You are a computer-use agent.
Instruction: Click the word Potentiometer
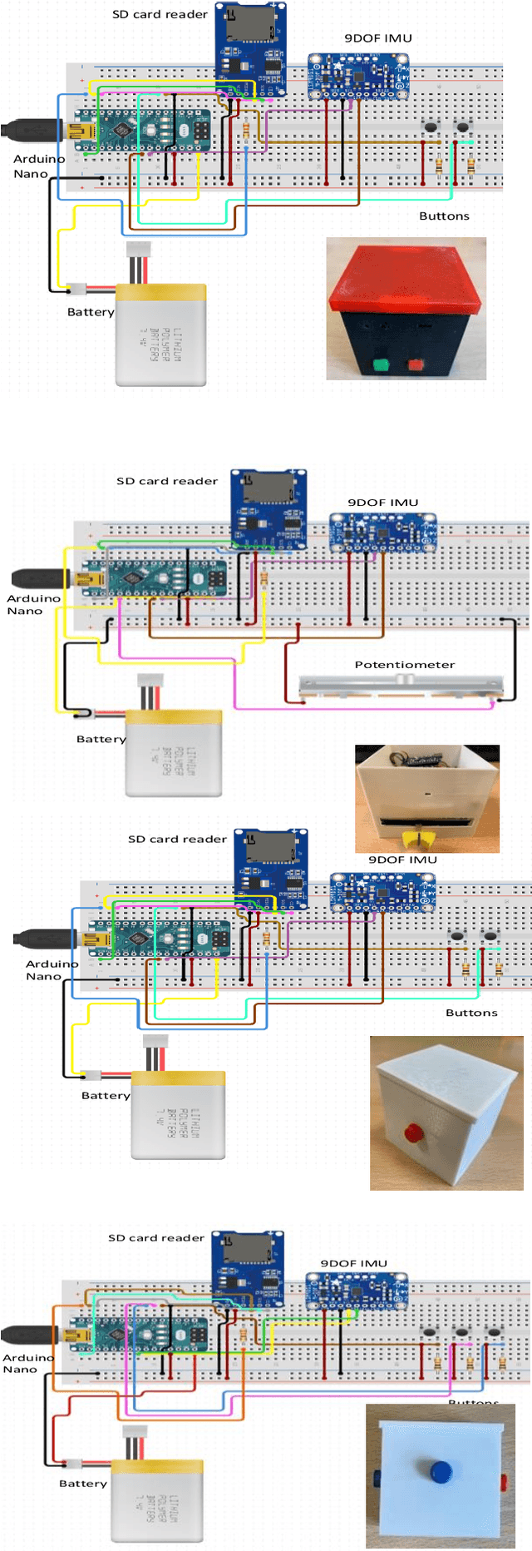point(404,664)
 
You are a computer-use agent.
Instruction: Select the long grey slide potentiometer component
point(401,686)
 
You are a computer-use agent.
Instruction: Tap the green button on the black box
point(382,364)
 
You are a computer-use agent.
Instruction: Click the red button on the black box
point(414,364)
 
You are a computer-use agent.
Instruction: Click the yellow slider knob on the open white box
point(420,835)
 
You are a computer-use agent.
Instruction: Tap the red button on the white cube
point(413,1132)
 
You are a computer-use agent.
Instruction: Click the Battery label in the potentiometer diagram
point(101,739)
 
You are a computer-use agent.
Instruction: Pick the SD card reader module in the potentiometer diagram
point(268,508)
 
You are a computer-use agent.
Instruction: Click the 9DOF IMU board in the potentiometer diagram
point(382,533)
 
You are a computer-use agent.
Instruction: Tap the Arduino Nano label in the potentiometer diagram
point(33,604)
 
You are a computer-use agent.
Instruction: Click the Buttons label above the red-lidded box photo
point(444,216)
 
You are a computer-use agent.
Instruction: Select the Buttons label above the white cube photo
point(471,1013)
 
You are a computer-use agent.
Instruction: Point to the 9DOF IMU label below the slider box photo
point(402,860)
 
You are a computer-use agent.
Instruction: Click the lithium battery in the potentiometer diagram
point(174,754)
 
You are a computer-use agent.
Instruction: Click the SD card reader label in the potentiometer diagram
point(167,481)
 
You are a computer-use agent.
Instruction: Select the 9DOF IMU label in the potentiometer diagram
point(382,503)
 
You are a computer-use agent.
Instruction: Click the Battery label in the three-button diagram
point(83,1484)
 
